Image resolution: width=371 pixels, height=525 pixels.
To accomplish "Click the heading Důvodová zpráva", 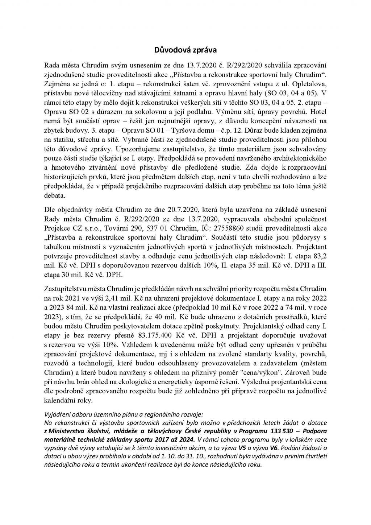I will [185, 49].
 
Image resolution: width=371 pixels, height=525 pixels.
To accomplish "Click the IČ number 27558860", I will [214, 228].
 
